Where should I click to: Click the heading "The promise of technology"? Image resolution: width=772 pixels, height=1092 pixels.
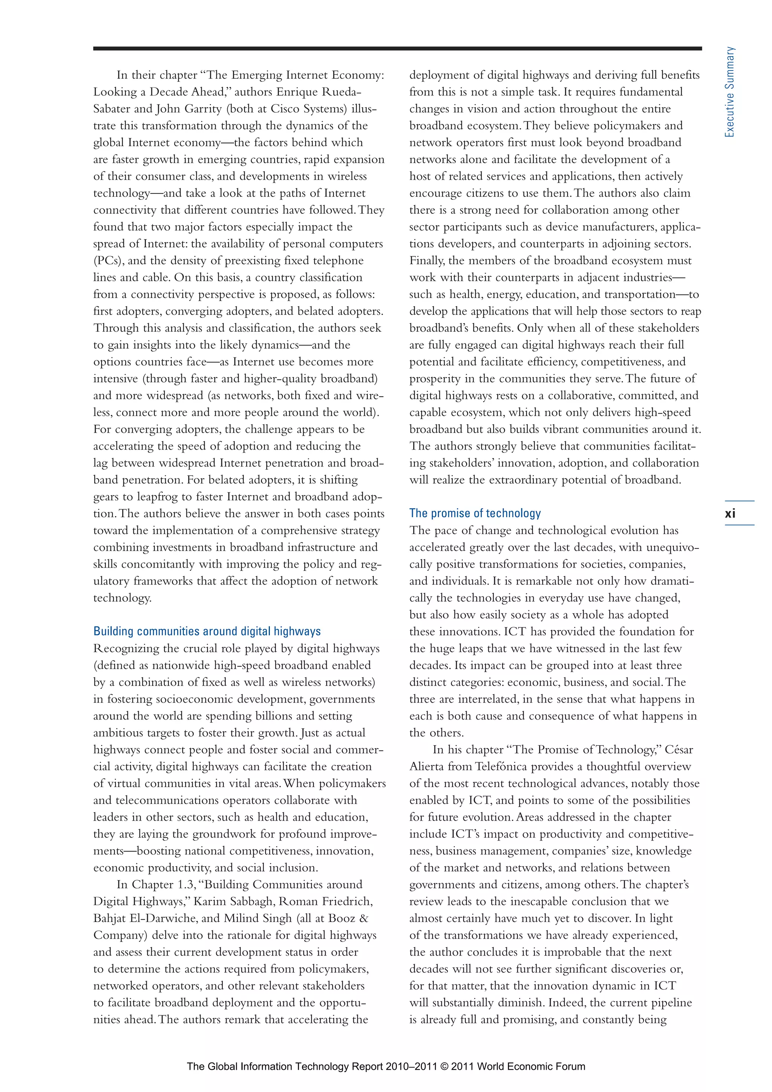pyautogui.click(x=475, y=513)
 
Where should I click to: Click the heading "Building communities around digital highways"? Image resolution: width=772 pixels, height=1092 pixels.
pyautogui.click(x=207, y=631)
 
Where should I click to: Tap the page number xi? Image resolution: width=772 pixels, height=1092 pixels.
pyautogui.click(x=730, y=513)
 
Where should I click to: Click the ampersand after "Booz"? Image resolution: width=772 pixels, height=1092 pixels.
pyautogui.click(x=363, y=918)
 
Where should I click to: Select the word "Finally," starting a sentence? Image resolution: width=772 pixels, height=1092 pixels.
pyautogui.click(x=427, y=260)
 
